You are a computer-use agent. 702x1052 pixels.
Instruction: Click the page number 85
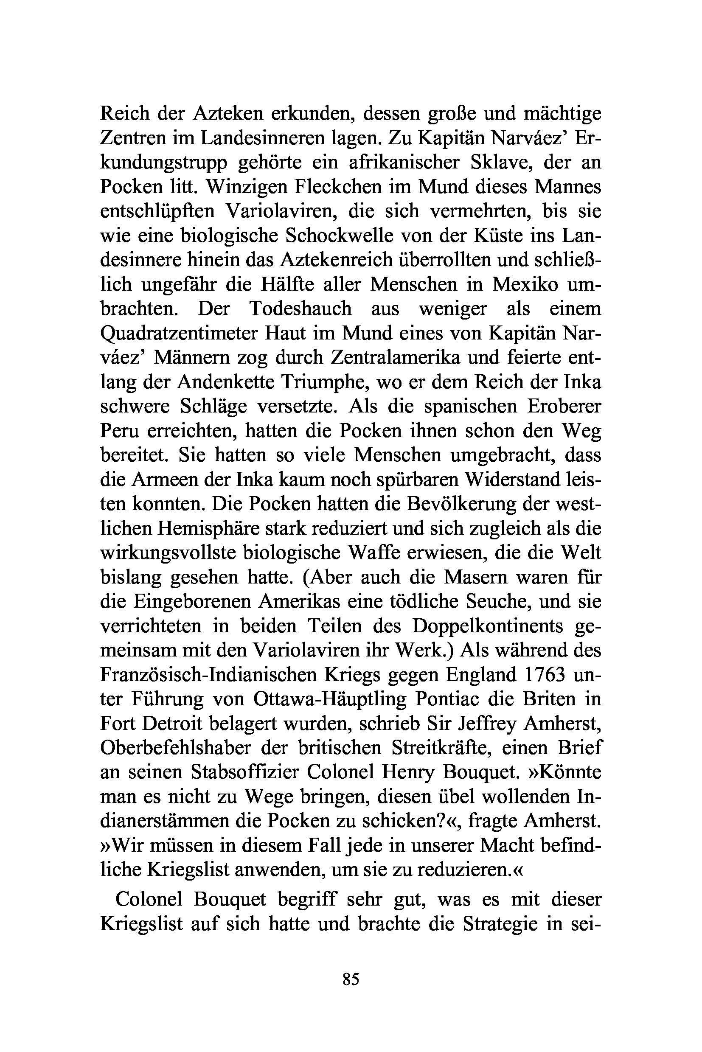click(351, 979)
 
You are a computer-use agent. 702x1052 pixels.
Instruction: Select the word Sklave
click(501, 163)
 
